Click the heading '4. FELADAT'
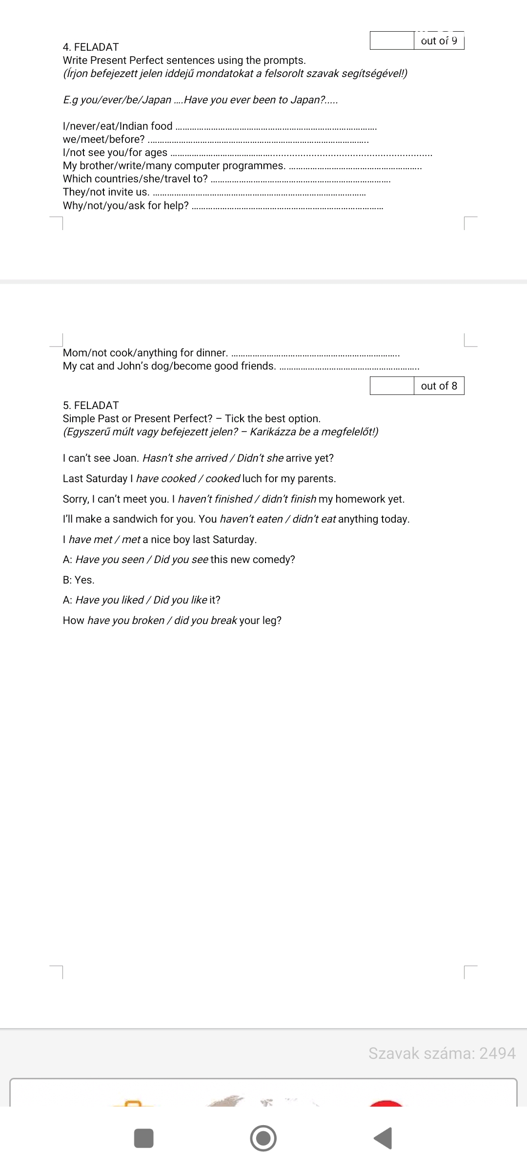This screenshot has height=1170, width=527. pos(91,47)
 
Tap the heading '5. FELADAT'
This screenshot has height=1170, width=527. pos(91,406)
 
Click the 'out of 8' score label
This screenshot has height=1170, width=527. pos(439,386)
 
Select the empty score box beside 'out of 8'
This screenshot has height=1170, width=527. pos(392,386)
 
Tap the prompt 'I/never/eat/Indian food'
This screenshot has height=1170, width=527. pos(118,126)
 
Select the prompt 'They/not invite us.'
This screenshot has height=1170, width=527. pos(106,192)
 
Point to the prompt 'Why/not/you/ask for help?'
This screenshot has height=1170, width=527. pos(126,206)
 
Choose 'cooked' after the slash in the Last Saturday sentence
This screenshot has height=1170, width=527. pos(223,479)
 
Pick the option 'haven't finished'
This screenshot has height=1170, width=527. pos(215,499)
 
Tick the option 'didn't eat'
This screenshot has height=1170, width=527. pos(314,519)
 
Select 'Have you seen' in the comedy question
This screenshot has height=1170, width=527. pos(110,560)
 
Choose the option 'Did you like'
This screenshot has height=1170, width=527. pos(180,600)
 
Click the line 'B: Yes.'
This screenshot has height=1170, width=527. pos(79,580)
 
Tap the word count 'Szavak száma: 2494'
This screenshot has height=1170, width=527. pos(442,1053)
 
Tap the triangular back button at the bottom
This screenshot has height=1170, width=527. pos(384,1138)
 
